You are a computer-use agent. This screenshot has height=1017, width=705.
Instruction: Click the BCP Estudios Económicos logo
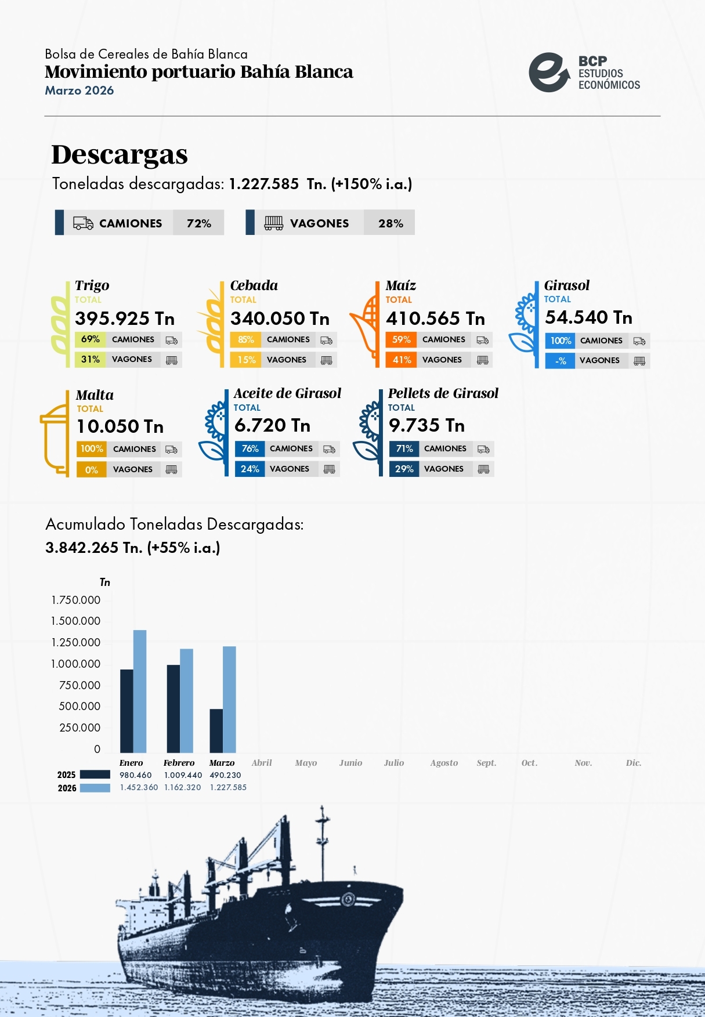point(584,73)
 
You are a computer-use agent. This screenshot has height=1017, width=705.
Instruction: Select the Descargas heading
point(120,155)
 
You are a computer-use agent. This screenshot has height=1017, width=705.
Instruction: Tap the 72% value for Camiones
point(198,223)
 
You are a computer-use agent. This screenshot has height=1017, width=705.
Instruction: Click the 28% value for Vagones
point(390,223)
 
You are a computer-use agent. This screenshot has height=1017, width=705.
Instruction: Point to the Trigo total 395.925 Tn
point(124,319)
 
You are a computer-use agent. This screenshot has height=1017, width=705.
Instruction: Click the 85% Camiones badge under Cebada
point(245,340)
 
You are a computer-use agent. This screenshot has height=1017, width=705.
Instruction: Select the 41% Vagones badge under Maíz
point(401,360)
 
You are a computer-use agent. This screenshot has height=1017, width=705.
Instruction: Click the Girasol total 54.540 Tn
point(588,317)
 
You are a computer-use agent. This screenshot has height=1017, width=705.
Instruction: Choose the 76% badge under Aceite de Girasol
point(250,449)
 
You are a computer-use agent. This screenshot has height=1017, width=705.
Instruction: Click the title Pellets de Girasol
point(443,393)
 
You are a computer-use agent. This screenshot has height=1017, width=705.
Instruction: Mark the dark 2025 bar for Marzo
point(216,730)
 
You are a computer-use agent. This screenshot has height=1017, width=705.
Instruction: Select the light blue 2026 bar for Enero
point(140,691)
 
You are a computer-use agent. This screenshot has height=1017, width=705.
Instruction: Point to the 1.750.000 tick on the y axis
point(75,600)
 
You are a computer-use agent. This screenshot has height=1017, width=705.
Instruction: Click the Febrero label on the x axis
point(179,763)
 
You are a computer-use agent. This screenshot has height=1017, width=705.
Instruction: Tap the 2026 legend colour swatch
point(95,788)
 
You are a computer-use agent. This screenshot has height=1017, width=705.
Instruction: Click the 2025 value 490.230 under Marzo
point(225,775)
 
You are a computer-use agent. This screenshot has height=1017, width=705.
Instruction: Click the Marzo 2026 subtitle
point(79,91)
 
